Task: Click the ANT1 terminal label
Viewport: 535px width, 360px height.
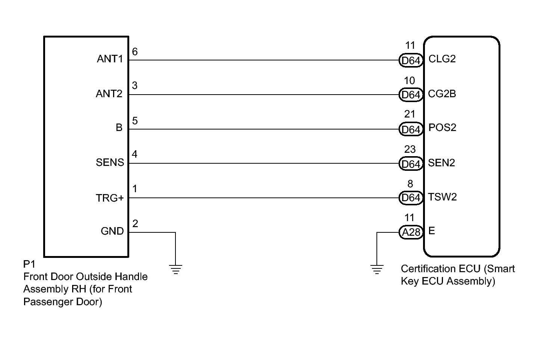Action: point(110,59)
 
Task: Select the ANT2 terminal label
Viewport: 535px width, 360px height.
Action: point(109,93)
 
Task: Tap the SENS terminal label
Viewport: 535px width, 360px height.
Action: point(110,163)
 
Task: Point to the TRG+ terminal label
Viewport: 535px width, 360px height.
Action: point(109,198)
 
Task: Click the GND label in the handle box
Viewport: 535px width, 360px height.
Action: point(112,231)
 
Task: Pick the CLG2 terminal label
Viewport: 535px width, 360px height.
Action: point(442,59)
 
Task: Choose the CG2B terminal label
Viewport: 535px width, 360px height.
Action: point(442,93)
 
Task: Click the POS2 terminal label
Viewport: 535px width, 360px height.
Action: point(442,128)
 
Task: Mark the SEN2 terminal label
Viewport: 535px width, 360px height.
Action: point(441,163)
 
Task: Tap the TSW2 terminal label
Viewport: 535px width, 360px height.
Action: point(442,197)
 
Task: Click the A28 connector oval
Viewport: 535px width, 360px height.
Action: point(411,233)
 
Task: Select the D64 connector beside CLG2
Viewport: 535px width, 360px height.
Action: point(411,60)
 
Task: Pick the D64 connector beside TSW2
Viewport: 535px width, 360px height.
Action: point(411,198)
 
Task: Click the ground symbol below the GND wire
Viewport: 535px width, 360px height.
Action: point(175,269)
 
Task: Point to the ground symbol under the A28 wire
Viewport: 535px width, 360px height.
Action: point(377,269)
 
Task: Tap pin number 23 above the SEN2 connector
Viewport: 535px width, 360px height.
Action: point(410,149)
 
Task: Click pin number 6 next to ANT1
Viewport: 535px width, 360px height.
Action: point(135,51)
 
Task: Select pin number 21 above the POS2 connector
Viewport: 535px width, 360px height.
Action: point(410,114)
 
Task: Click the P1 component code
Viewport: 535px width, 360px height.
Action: point(29,265)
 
